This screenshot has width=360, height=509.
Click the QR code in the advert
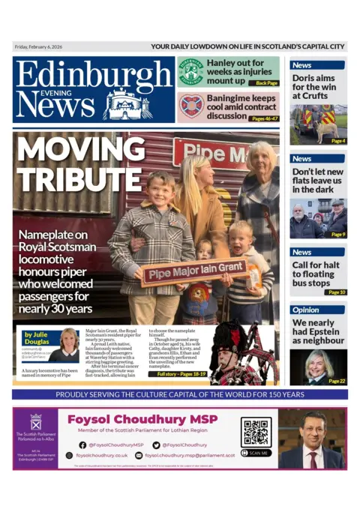coord(256,433)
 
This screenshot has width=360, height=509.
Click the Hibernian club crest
coord(190,72)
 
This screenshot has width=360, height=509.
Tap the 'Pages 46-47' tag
coord(264,118)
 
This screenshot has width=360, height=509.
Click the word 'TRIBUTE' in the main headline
coord(70,178)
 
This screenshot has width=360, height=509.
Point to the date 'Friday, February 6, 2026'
coord(38,47)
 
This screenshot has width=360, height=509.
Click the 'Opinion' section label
coord(305,310)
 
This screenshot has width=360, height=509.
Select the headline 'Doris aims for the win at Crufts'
coord(314,86)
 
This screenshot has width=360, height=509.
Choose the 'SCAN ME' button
coord(256,453)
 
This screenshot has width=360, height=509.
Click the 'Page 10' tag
coord(337,292)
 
